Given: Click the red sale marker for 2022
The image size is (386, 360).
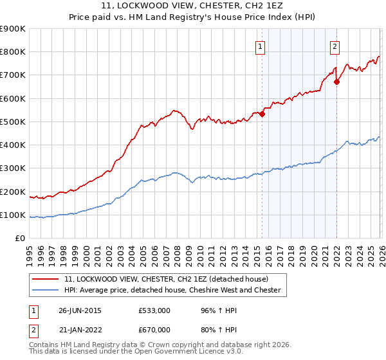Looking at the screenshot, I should pyautogui.click(x=336, y=82).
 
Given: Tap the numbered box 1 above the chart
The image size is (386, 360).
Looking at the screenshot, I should pyautogui.click(x=260, y=46).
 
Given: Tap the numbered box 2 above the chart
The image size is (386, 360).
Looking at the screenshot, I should pyautogui.click(x=335, y=46).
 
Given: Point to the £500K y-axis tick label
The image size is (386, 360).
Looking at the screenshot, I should pyautogui.click(x=13, y=122).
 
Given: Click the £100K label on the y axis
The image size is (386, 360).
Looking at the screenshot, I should pyautogui.click(x=13, y=215).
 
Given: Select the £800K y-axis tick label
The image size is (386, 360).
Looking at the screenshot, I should pyautogui.click(x=13, y=51).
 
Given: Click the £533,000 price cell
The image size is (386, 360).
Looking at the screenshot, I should pyautogui.click(x=158, y=309).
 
